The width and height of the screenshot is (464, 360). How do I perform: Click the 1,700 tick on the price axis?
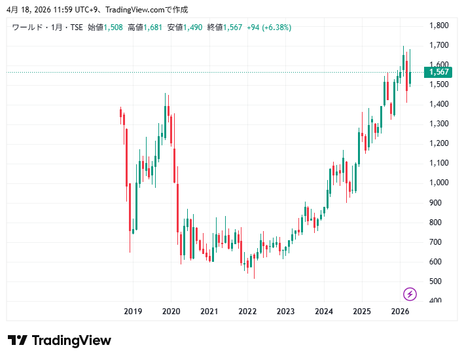[x=438, y=45]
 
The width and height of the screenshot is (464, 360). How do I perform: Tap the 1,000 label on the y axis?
[x=438, y=183]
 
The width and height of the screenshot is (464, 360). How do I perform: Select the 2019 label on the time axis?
[x=133, y=312]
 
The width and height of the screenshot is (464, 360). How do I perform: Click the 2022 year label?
[x=247, y=312]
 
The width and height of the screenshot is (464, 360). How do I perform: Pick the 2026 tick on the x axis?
[x=400, y=312]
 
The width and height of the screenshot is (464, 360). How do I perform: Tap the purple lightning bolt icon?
[x=410, y=294]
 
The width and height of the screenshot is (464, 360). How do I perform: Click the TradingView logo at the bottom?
[x=60, y=340]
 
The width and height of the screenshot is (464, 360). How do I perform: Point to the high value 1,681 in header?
[x=153, y=27]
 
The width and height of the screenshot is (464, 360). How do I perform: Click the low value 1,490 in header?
[x=194, y=27]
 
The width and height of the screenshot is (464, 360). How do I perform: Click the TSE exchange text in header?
[x=76, y=27]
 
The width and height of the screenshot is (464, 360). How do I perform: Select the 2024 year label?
[x=323, y=312]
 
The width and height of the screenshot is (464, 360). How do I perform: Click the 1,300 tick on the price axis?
[x=438, y=124]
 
